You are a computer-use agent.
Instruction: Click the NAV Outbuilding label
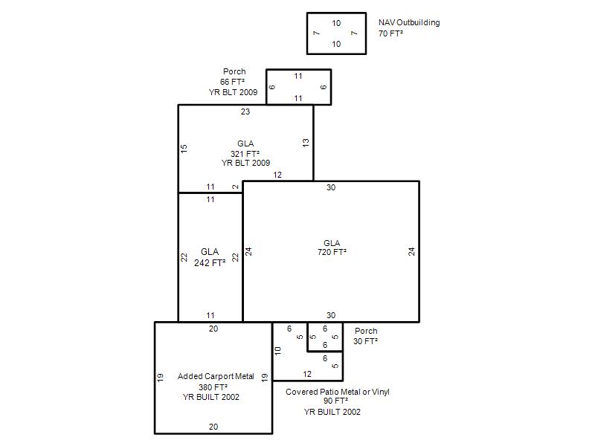click(409, 23)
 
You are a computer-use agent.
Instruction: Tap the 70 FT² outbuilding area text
click(390, 33)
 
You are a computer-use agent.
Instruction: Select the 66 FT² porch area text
click(232, 82)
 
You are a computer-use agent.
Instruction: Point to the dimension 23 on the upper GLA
click(245, 111)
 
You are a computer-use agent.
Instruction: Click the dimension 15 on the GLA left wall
click(184, 149)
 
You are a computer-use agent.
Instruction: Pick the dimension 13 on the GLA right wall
click(306, 143)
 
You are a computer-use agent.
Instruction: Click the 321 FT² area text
click(245, 154)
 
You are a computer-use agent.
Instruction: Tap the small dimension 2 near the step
click(236, 187)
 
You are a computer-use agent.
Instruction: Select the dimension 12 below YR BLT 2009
click(277, 175)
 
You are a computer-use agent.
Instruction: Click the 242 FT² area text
click(210, 263)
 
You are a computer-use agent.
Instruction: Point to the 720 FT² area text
click(332, 252)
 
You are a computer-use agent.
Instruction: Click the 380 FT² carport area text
click(213, 387)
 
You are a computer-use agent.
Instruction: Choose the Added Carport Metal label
click(216, 376)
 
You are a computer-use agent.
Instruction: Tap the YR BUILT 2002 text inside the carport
click(211, 397)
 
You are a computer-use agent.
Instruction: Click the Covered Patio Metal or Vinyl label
click(338, 392)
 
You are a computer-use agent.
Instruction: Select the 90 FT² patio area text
click(336, 401)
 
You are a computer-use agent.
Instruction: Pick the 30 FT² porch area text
click(365, 341)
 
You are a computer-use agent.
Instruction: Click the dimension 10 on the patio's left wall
click(277, 351)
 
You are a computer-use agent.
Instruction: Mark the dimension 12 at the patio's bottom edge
click(307, 374)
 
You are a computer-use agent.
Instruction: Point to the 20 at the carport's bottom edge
click(213, 427)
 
